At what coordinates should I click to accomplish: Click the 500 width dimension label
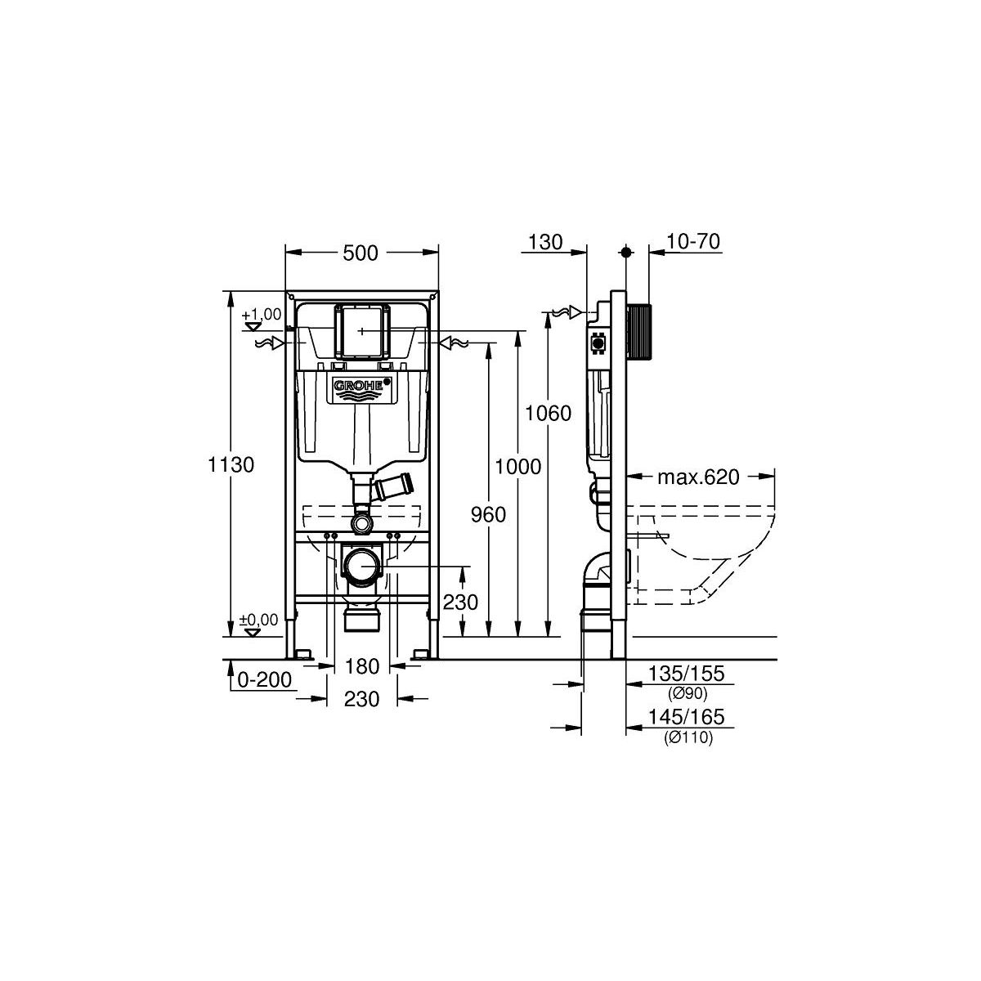click(x=361, y=253)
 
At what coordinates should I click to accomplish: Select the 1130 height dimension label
click(x=231, y=465)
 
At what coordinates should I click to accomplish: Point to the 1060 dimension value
click(x=549, y=413)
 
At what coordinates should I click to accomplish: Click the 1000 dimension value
click(x=518, y=466)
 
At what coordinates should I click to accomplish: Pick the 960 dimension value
click(x=488, y=515)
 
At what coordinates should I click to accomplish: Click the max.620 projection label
click(x=698, y=477)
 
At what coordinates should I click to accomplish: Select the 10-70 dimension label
click(x=694, y=241)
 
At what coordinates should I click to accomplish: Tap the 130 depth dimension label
click(x=545, y=242)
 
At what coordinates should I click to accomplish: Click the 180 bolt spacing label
click(x=362, y=666)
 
